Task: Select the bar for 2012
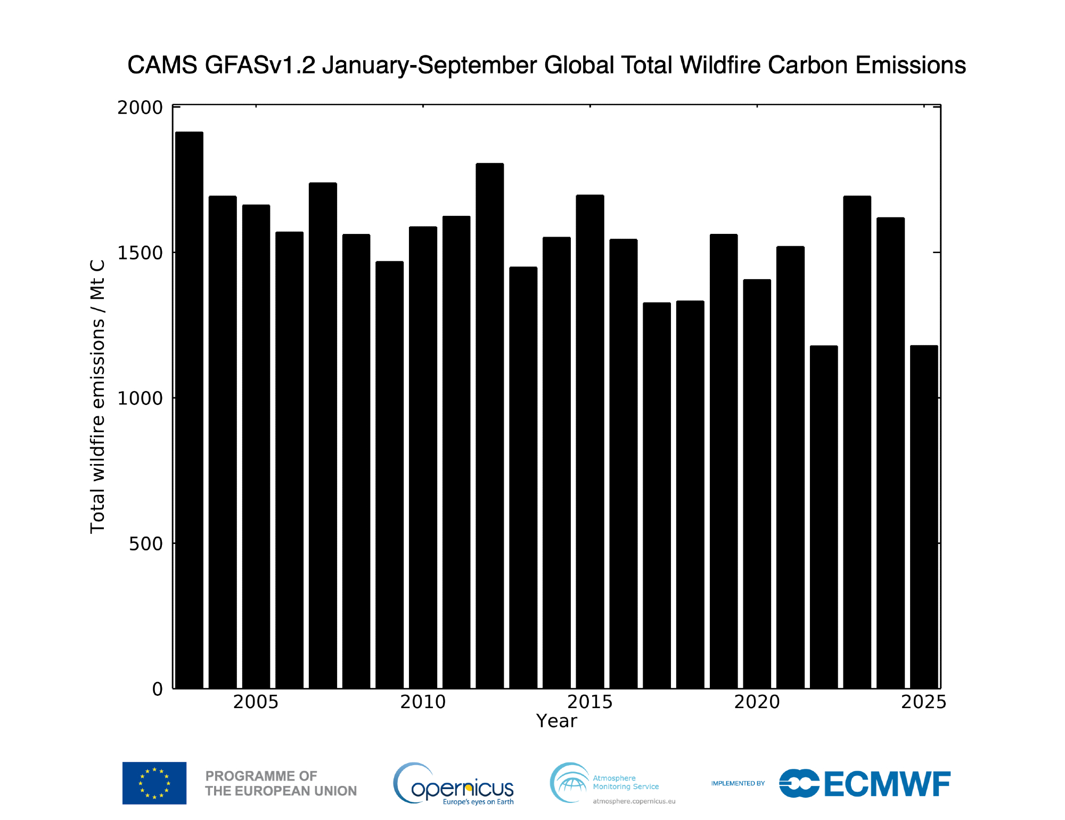click(x=490, y=426)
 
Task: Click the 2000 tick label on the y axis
click(x=140, y=108)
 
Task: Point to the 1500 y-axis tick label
click(x=140, y=253)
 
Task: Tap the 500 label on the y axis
click(x=145, y=544)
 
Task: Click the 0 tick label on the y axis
click(x=158, y=689)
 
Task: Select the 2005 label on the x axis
click(x=256, y=702)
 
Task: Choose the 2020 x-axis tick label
click(x=757, y=702)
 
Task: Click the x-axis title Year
click(x=556, y=721)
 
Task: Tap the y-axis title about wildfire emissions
click(x=97, y=397)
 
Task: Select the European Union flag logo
click(x=154, y=783)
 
